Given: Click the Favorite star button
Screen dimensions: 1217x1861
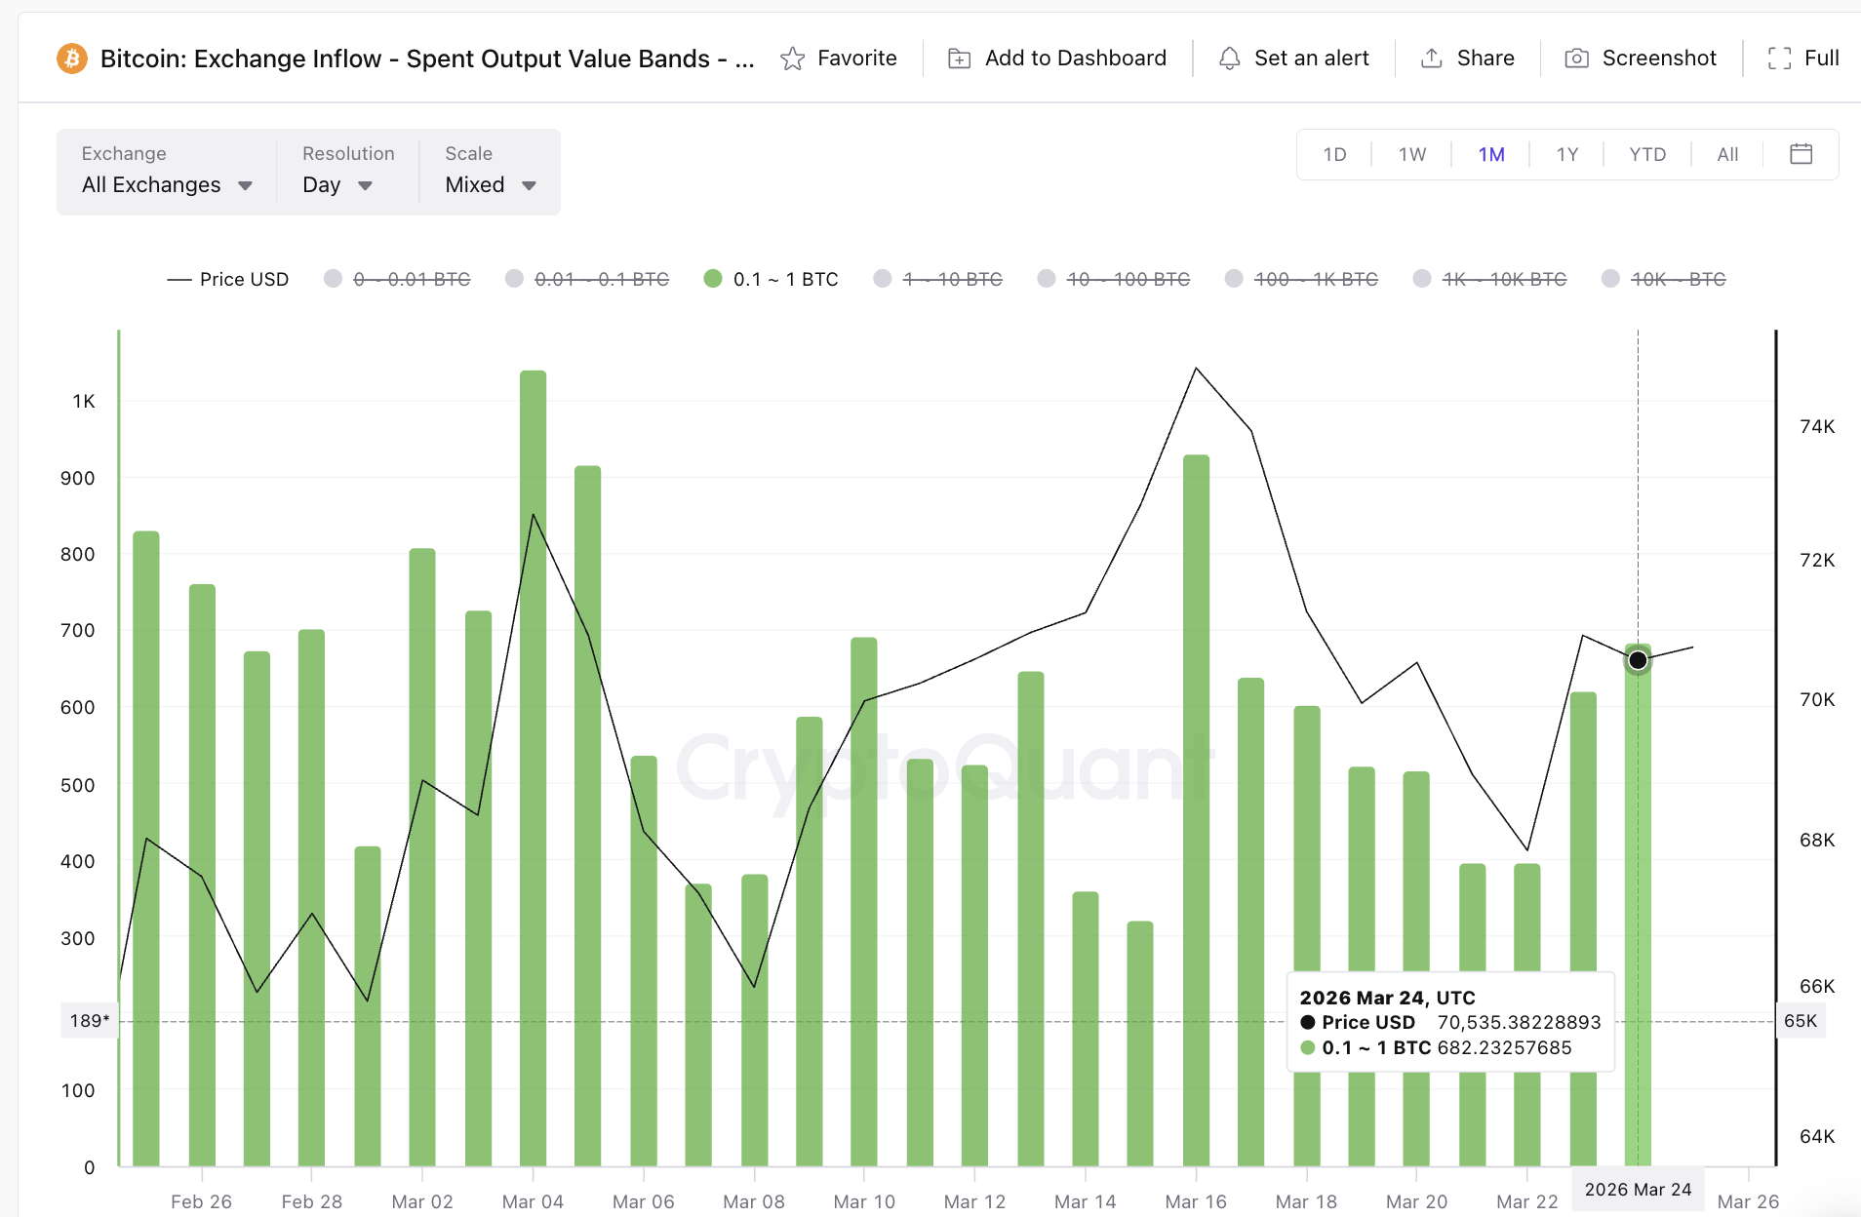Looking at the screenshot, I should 838,59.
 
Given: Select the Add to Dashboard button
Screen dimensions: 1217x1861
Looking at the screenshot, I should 1057,59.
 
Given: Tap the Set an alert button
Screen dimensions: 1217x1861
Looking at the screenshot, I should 1293,59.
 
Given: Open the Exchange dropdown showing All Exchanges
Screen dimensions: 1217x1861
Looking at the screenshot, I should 167,184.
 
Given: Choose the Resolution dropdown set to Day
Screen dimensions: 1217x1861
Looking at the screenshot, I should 337,184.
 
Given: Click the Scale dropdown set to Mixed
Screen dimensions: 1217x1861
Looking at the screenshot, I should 491,184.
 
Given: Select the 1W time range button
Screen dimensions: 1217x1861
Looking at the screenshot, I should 1411,154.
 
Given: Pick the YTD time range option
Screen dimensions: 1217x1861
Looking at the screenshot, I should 1646,154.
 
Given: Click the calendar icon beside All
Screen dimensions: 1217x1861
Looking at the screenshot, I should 1801,154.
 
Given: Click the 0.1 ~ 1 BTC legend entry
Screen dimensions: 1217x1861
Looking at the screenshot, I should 772,279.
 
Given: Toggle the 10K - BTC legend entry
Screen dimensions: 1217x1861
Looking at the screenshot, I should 1664,279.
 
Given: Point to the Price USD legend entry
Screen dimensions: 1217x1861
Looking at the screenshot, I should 228,279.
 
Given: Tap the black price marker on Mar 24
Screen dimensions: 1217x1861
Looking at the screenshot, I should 1638,660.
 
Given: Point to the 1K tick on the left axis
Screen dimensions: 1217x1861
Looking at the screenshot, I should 84,401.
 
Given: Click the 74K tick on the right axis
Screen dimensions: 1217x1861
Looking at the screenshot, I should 1816,426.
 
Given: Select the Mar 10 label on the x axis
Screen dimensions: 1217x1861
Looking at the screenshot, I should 864,1201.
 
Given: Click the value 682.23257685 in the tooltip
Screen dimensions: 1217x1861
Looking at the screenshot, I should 1504,1047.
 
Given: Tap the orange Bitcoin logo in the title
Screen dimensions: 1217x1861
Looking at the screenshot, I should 71,59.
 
